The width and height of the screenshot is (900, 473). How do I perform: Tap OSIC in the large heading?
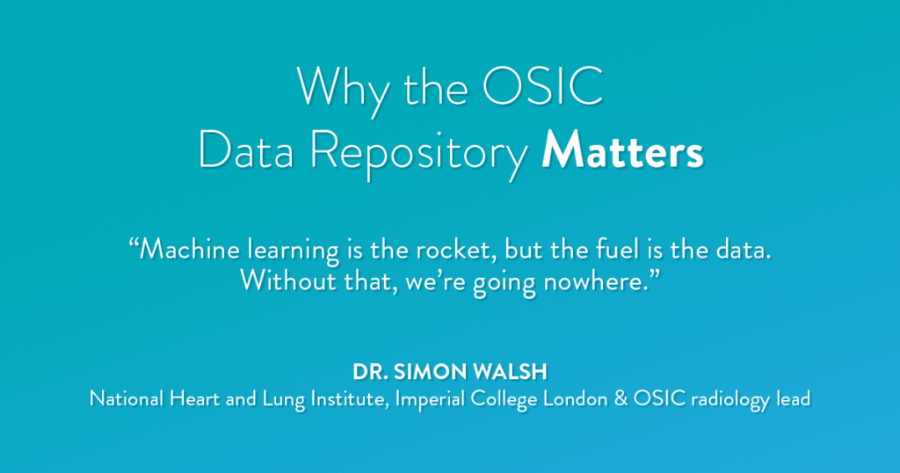[542, 87]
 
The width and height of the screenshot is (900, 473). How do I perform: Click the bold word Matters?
[622, 150]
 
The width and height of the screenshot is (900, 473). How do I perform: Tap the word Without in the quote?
[288, 280]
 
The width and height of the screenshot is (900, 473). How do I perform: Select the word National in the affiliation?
[127, 398]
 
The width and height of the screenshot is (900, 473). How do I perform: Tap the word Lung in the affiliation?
[284, 400]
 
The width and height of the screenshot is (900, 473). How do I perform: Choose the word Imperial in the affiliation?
[430, 400]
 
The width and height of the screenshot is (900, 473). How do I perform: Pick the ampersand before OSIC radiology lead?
[621, 398]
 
